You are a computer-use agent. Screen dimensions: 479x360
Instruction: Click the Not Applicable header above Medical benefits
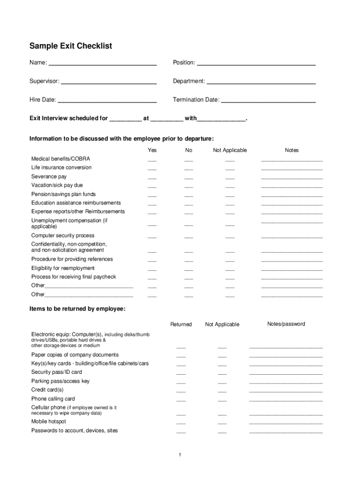[230, 150]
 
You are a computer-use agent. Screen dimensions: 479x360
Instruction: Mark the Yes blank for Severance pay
[152, 178]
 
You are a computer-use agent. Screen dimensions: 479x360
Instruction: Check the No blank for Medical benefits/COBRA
[188, 160]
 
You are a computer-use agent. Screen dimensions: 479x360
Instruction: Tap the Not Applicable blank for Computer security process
[230, 237]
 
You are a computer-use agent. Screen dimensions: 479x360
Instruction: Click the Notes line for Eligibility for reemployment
[292, 270]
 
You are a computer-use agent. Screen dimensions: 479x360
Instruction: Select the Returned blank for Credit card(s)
[181, 392]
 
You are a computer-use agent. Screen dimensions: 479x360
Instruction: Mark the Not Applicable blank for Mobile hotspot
[222, 423]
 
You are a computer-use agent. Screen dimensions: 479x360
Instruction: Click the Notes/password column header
[286, 324]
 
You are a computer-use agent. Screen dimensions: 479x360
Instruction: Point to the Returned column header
[181, 324]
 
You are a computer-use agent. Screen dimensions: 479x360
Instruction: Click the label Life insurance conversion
[61, 167]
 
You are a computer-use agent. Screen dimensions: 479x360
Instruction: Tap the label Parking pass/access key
[60, 381]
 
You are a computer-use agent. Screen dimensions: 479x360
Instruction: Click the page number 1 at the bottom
[180, 455]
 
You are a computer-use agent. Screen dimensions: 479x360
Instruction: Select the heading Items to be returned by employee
[77, 309]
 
